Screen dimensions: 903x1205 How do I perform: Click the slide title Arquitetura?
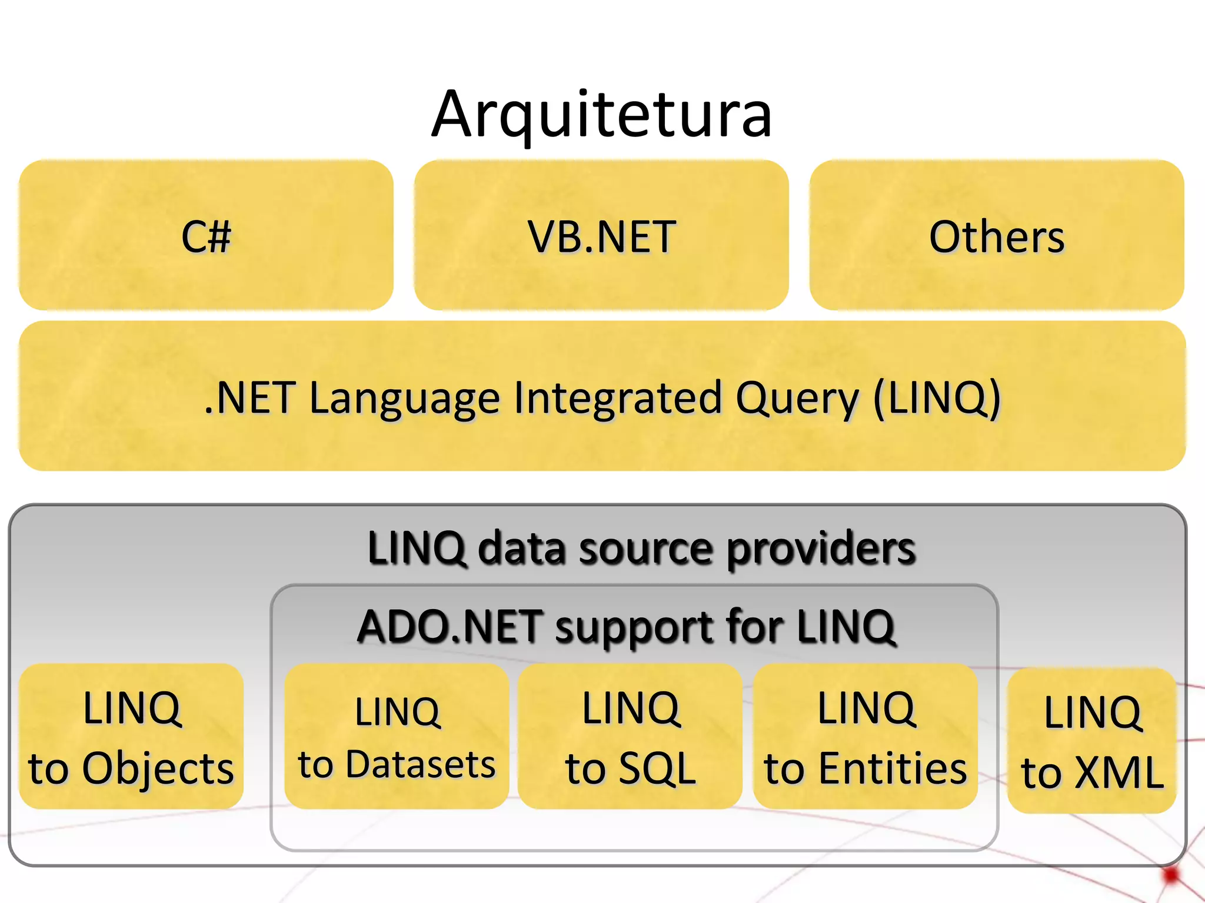pos(601,114)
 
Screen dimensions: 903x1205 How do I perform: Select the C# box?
pos(206,235)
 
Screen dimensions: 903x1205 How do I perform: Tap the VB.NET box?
pos(601,235)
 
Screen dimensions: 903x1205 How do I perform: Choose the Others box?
pos(997,235)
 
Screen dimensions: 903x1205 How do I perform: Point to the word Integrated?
pos(618,399)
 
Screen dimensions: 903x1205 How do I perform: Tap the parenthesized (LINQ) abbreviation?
pos(937,399)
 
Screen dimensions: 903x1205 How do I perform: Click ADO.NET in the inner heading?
pos(450,627)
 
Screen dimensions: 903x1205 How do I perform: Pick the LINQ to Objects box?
pos(131,736)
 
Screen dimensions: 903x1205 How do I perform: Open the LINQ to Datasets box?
pos(397,736)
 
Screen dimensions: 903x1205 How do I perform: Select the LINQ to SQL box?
pos(630,736)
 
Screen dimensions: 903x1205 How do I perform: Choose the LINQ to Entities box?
pos(866,736)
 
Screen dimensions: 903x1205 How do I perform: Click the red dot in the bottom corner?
pos(1171,875)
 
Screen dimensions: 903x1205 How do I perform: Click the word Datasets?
pos(421,764)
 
